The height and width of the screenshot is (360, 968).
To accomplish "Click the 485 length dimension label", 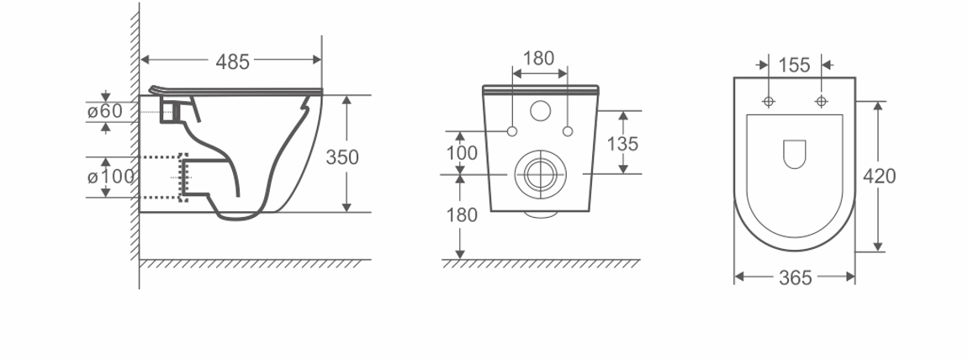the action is point(232,61).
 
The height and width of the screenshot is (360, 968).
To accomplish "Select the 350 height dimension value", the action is point(342,157).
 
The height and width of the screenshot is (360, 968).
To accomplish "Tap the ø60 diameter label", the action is point(105,112).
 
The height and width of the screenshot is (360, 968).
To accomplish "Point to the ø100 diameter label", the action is point(110,177).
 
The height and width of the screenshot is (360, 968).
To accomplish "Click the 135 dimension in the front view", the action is point(622,144).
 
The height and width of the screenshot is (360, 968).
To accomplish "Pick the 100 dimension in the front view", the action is point(462,152).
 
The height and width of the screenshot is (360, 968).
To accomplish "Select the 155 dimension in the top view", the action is point(794,65).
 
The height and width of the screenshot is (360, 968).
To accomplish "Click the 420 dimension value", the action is point(879,177).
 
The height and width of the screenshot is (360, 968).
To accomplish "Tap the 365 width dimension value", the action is point(795,278).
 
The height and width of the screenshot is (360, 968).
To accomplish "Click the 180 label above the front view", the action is point(538,59).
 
